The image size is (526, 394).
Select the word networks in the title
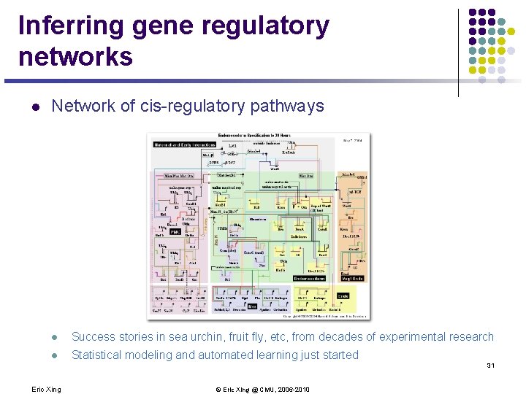point(76,56)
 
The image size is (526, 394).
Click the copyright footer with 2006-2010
point(262,389)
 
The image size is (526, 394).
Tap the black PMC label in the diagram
point(175,231)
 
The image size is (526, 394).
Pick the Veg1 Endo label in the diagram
point(352,278)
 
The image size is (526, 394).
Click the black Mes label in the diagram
point(251,306)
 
